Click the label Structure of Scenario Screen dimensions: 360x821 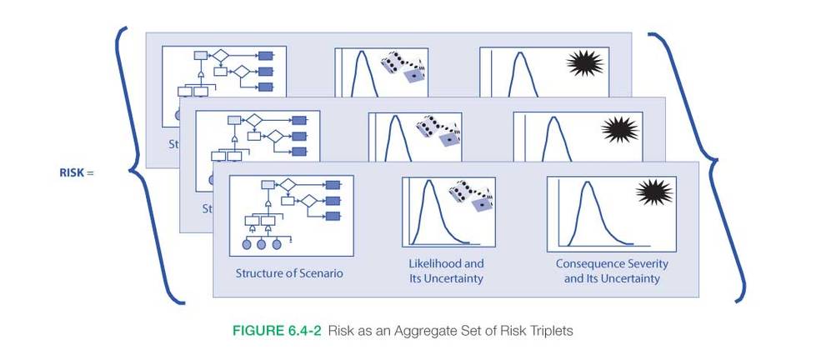tap(288, 272)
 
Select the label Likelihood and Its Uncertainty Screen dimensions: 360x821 tap(446, 271)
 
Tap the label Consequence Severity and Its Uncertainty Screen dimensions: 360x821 tap(613, 271)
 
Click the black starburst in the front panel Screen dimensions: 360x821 tap(654, 192)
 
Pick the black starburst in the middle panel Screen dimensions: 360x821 tap(619, 128)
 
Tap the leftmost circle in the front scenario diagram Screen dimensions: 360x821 tap(247, 244)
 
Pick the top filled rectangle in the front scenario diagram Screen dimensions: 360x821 tap(333, 185)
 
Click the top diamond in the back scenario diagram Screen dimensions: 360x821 tap(220, 55)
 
